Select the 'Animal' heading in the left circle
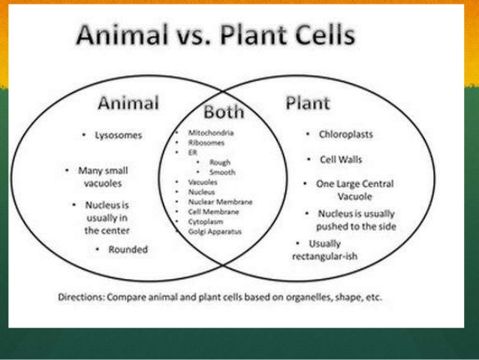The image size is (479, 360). (x=128, y=103)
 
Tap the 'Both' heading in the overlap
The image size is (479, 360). (x=224, y=112)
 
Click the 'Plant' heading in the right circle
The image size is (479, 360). (x=307, y=103)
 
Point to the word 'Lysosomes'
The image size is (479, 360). (x=118, y=135)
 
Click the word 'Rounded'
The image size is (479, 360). (x=128, y=250)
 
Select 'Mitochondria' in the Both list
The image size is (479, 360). (x=210, y=133)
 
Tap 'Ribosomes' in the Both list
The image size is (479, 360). (x=206, y=142)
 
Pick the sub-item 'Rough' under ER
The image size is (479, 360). (x=220, y=162)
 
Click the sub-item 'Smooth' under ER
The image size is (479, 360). (x=222, y=171)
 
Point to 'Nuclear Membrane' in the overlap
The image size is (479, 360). (x=219, y=201)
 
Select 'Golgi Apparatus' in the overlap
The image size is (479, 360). (x=215, y=231)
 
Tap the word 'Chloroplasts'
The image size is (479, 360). (x=345, y=135)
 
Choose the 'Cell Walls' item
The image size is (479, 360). (x=340, y=159)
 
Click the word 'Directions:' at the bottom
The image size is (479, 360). (x=82, y=297)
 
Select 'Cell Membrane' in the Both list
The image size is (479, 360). (x=213, y=212)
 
